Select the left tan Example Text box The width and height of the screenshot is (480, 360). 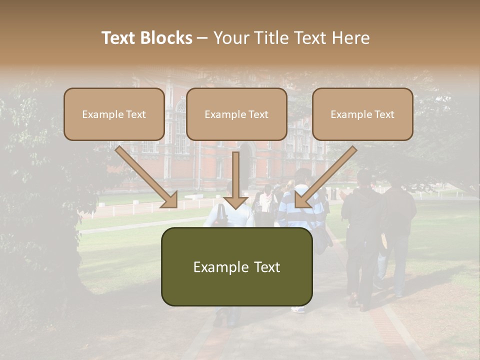(114, 114)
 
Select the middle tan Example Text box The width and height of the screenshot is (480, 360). (236, 114)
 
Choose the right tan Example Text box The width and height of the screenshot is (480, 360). (362, 114)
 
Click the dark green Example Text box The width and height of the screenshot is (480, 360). (236, 267)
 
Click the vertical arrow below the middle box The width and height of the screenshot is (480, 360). (236, 175)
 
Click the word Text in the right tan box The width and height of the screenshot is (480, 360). (384, 114)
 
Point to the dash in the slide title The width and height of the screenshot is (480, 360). (202, 38)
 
